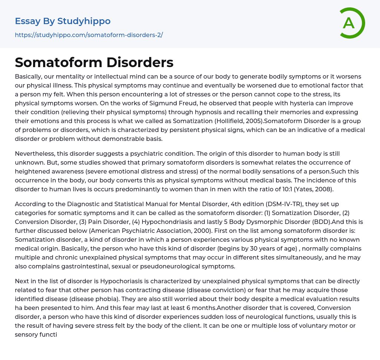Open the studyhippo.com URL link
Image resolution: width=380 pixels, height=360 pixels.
[89, 35]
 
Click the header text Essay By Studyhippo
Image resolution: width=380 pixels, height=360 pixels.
[63, 21]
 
